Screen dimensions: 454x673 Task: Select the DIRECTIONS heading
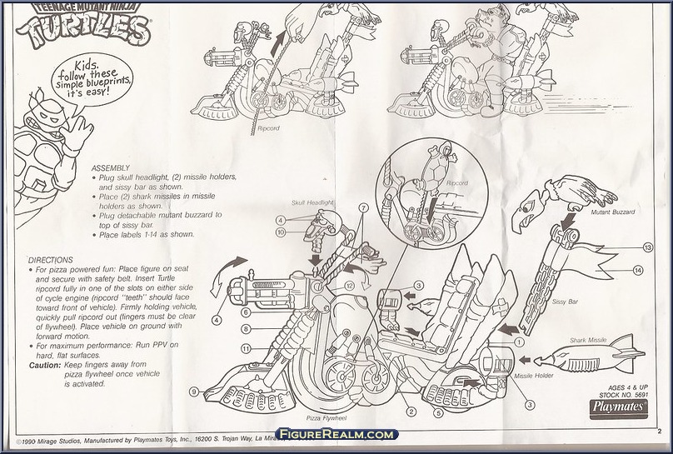click(51, 260)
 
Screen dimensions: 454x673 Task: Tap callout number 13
click(646, 248)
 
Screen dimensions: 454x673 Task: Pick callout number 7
click(363, 207)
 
